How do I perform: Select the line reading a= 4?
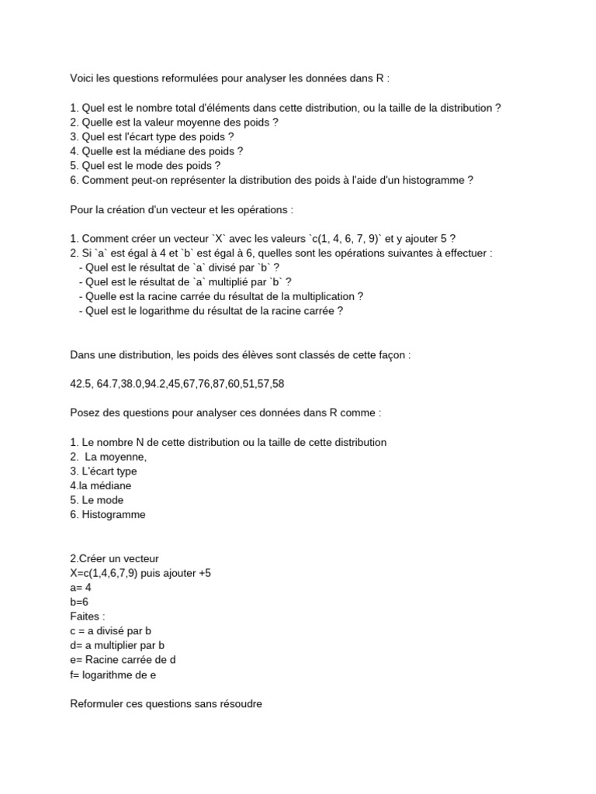coord(81,587)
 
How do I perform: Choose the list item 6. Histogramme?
coord(107,514)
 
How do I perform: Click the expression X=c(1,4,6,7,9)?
coord(106,572)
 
